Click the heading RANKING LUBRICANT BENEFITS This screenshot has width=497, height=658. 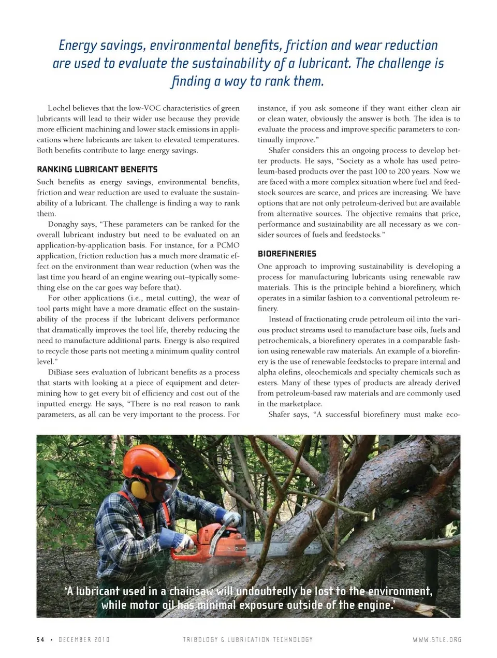pos(97,169)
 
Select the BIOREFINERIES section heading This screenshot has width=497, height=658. pos(287,254)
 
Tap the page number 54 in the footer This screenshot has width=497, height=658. pos(40,639)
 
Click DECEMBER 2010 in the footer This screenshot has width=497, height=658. pos(84,639)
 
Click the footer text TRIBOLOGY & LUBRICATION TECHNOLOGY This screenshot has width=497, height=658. pos(247,639)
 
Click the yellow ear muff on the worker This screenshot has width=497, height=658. pos(138,487)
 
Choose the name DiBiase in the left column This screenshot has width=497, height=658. pos(60,372)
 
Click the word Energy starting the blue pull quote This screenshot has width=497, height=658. pos(78,46)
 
